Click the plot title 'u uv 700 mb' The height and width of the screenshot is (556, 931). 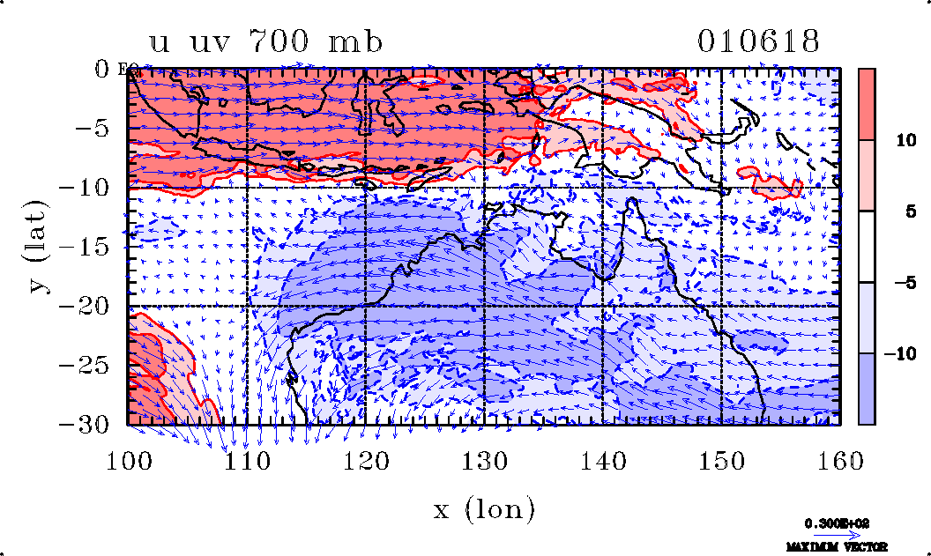(266, 41)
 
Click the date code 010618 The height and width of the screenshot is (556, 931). (758, 41)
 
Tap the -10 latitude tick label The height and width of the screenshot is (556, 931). (91, 188)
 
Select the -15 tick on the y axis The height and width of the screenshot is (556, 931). (91, 248)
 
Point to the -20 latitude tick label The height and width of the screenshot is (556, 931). (91, 307)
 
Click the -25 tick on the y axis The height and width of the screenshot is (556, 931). (91, 366)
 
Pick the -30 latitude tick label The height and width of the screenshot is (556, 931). (91, 425)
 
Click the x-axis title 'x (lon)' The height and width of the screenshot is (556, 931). (483, 508)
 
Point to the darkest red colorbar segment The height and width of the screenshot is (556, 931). (867, 104)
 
